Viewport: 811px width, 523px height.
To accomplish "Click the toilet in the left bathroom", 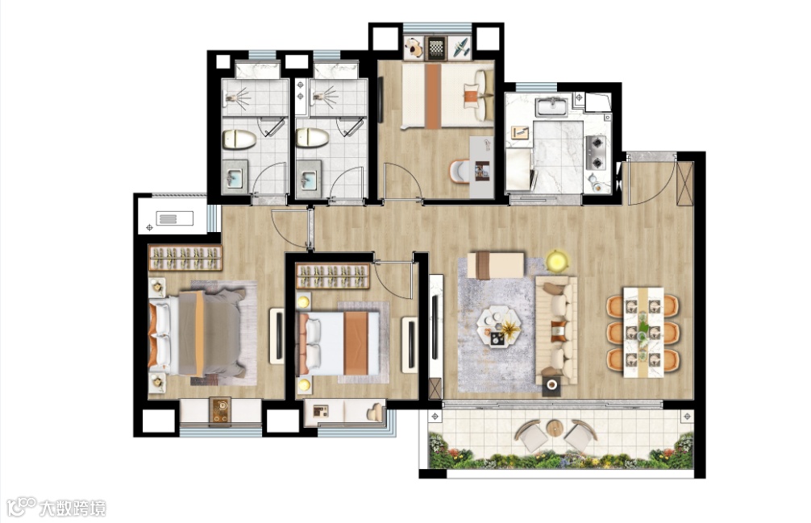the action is (239, 139).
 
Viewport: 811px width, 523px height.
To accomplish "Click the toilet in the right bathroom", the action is (313, 138).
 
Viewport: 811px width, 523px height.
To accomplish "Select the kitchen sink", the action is (552, 107).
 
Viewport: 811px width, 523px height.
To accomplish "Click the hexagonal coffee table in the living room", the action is (498, 325).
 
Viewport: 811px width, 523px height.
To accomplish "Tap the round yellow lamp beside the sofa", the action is (557, 260).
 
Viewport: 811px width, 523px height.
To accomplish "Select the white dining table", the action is (643, 332).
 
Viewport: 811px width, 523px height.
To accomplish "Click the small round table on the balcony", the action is (554, 429).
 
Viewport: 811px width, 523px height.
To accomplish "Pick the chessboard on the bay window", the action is (436, 48).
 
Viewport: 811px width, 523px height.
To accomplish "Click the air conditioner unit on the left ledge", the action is (174, 218).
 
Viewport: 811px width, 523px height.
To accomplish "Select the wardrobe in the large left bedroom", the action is (185, 258).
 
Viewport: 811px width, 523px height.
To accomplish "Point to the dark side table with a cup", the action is (551, 385).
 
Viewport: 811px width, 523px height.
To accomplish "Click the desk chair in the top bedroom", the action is (458, 172).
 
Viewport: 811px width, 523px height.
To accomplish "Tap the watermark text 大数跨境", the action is (73, 508).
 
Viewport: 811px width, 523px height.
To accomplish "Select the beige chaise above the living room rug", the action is (496, 264).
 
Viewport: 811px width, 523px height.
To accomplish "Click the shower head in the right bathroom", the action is (324, 95).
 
